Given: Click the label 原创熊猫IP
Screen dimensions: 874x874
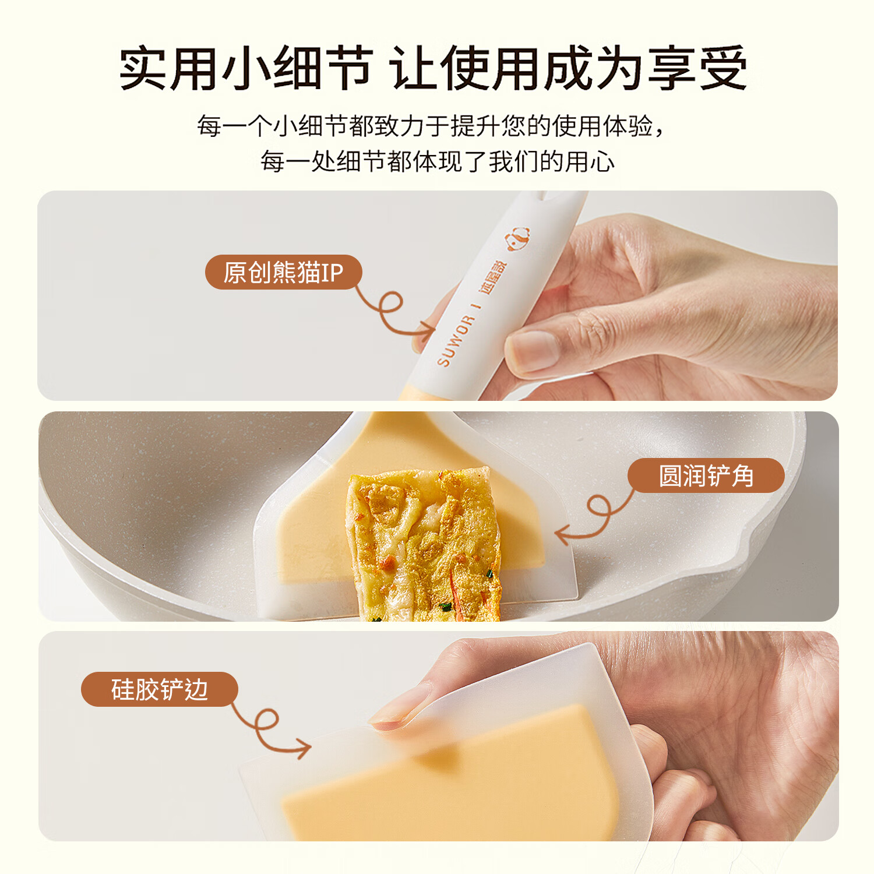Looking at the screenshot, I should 283,272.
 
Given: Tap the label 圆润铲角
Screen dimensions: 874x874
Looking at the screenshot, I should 706,475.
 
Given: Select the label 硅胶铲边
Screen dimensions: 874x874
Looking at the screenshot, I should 159,689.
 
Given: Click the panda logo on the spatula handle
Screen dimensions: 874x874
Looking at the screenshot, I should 517,238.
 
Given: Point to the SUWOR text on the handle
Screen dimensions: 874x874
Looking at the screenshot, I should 455,341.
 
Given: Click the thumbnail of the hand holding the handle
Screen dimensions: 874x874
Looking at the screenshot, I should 641,303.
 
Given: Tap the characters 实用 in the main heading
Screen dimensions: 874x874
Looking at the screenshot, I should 169,69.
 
